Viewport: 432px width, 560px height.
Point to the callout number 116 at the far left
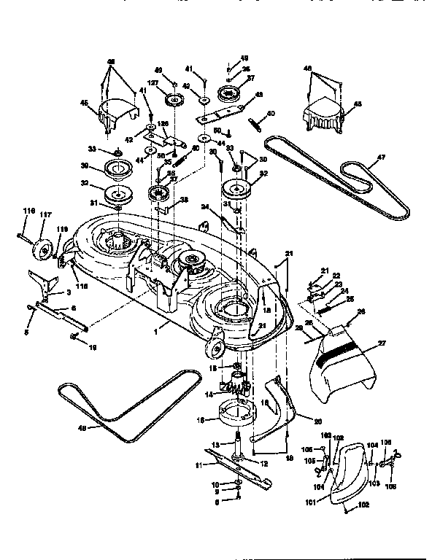click(28, 211)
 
